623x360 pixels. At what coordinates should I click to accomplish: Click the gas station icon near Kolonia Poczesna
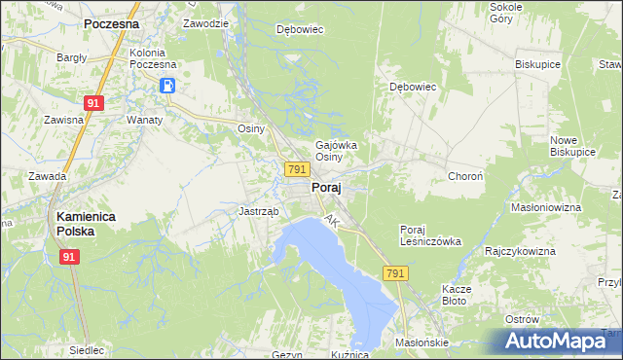(x=167, y=86)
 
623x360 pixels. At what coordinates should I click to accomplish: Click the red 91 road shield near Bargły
(x=93, y=102)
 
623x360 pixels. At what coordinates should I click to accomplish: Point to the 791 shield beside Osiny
(x=298, y=169)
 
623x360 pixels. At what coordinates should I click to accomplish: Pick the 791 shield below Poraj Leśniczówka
(x=394, y=275)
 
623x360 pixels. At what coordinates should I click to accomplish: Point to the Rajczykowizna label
(x=520, y=251)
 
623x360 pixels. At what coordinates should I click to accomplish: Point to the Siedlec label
(x=87, y=350)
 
